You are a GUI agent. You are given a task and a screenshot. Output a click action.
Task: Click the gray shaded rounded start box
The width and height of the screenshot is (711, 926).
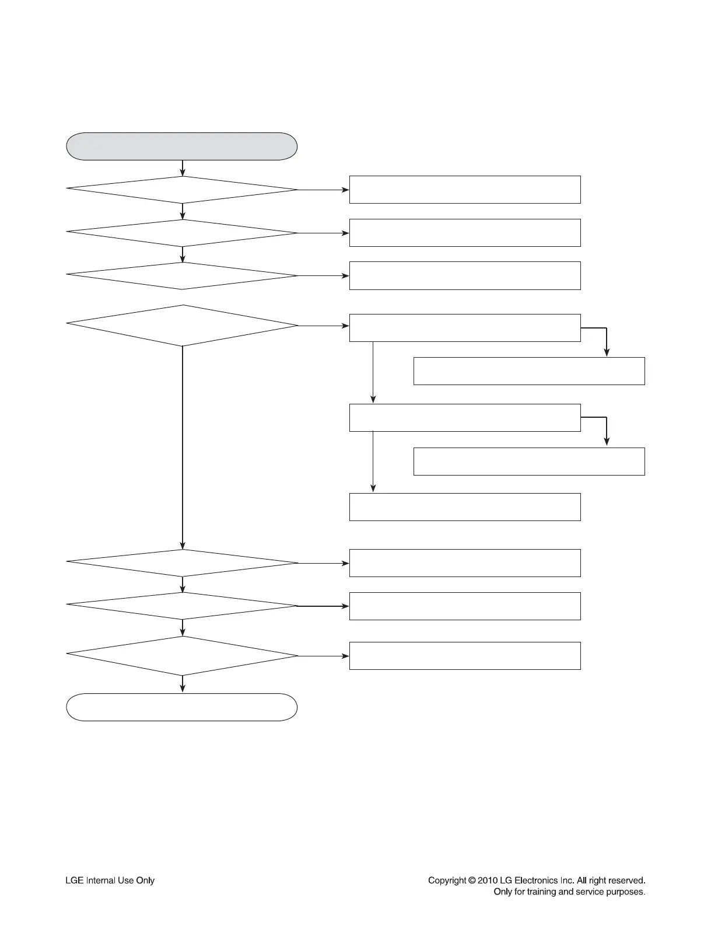181,146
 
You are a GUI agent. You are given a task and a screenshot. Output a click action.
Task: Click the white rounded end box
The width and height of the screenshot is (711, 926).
181,707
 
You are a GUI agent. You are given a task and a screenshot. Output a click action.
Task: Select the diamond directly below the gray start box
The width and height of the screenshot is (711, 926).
183,190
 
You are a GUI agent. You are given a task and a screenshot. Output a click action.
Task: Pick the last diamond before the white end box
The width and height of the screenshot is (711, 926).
183,656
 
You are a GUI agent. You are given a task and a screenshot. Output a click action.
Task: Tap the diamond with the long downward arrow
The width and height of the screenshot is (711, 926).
183,325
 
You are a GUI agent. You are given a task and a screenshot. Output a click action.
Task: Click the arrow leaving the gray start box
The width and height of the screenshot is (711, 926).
183,168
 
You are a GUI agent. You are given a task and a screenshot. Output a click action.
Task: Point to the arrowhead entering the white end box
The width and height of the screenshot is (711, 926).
183,689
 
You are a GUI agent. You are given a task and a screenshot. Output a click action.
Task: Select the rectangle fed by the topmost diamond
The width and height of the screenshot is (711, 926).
465,190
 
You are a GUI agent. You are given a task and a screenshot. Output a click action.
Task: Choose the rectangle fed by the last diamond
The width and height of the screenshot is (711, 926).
465,656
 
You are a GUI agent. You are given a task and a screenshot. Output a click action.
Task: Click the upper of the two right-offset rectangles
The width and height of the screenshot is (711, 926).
529,371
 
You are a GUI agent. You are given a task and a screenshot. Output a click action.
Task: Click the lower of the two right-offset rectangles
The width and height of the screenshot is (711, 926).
529,462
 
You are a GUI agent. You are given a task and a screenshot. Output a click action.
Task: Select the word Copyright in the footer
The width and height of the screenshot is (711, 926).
447,880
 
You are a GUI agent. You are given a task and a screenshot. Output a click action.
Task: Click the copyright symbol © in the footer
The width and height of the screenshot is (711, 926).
471,880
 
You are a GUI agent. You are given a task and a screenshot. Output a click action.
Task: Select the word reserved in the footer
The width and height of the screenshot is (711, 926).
625,880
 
